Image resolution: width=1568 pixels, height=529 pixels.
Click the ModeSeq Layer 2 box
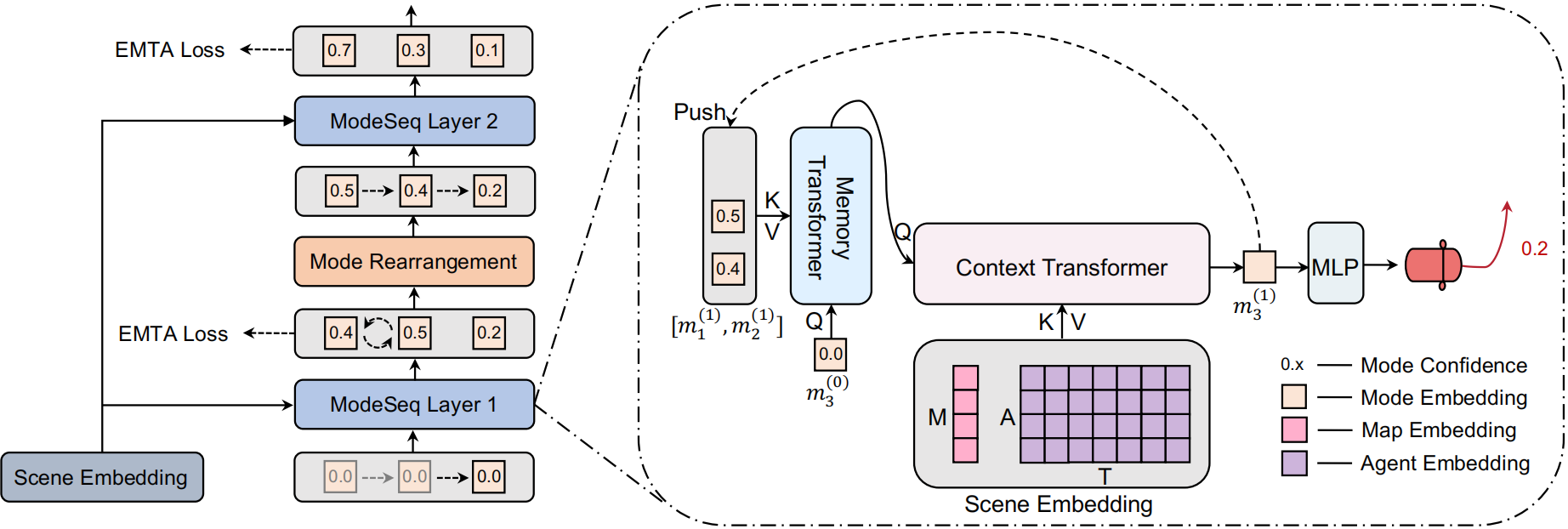(x=414, y=121)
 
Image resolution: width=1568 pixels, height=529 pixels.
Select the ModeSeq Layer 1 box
(x=414, y=404)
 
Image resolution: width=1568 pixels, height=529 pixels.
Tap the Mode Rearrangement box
(x=414, y=261)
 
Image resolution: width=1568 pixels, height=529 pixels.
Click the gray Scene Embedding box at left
(x=101, y=477)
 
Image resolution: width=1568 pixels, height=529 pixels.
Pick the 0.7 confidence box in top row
(x=339, y=50)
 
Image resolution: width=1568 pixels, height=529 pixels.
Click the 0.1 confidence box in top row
(x=487, y=50)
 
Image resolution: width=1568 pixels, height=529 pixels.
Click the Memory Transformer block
(x=831, y=216)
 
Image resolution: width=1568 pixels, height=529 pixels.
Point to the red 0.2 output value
(x=1534, y=248)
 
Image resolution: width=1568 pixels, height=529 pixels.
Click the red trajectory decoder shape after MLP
(x=1434, y=264)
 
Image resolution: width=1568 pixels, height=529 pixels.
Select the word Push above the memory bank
(x=699, y=112)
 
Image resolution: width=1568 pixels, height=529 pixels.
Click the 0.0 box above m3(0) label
(x=830, y=354)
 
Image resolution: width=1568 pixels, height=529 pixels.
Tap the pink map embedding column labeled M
(x=965, y=414)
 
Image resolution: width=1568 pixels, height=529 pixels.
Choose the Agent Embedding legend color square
(x=1294, y=464)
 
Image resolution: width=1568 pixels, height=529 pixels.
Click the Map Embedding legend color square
(x=1294, y=429)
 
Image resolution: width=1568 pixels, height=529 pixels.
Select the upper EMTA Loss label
(x=169, y=50)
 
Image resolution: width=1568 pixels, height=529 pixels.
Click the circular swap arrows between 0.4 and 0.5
(x=378, y=333)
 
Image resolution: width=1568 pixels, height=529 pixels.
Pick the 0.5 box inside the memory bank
(x=728, y=216)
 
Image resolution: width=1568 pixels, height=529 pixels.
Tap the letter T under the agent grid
(x=1104, y=476)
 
